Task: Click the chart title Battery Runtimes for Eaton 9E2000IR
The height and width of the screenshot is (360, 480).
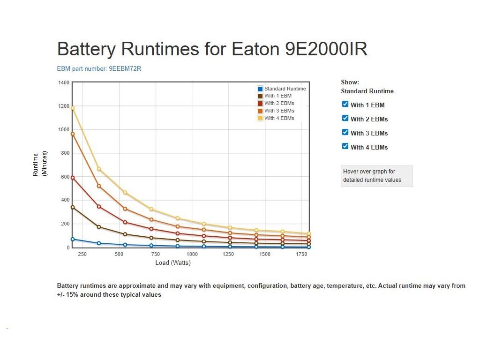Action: click(x=212, y=49)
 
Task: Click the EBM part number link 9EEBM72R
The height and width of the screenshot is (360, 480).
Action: click(x=99, y=68)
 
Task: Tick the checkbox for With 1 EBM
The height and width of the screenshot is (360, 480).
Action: click(x=345, y=104)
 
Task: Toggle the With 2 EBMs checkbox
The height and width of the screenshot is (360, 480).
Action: click(x=345, y=118)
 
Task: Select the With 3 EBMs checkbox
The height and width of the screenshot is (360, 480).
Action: click(x=345, y=132)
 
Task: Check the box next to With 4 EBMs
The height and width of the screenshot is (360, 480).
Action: click(x=345, y=146)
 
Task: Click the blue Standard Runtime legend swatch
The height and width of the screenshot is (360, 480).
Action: click(x=260, y=89)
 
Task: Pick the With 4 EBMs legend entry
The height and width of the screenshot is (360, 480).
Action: click(x=279, y=118)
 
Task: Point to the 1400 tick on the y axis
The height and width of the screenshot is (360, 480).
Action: click(x=64, y=82)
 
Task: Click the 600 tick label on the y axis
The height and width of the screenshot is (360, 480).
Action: click(x=65, y=177)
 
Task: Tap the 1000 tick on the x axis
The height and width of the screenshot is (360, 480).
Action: click(x=192, y=254)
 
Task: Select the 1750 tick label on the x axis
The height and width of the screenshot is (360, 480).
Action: click(x=301, y=254)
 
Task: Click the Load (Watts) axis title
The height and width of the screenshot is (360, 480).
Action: click(x=173, y=263)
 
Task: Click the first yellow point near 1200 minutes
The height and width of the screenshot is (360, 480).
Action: click(x=73, y=108)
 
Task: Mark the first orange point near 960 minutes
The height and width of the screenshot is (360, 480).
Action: click(x=73, y=134)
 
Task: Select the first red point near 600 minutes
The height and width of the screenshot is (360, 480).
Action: click(x=73, y=178)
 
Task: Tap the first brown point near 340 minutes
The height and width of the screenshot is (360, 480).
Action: click(x=73, y=207)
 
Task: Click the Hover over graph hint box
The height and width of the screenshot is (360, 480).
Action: click(x=376, y=176)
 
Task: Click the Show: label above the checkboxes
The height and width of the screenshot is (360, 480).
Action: click(x=350, y=82)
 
